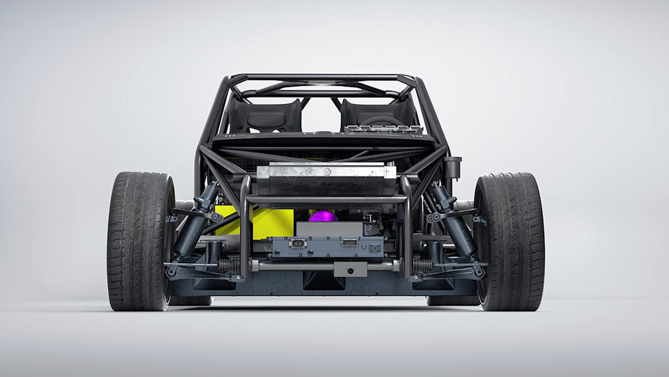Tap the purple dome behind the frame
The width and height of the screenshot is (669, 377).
[322, 216]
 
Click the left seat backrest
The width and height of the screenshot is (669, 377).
[265, 116]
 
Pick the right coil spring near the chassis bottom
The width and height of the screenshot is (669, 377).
[423, 266]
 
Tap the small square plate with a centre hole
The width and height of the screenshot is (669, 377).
[351, 269]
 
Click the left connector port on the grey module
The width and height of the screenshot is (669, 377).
[298, 244]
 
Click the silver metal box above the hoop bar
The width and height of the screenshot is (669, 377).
[326, 172]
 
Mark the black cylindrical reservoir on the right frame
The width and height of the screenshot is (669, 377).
[452, 167]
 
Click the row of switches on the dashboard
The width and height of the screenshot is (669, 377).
[383, 129]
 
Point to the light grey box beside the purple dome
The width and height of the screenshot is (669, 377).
[328, 229]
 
